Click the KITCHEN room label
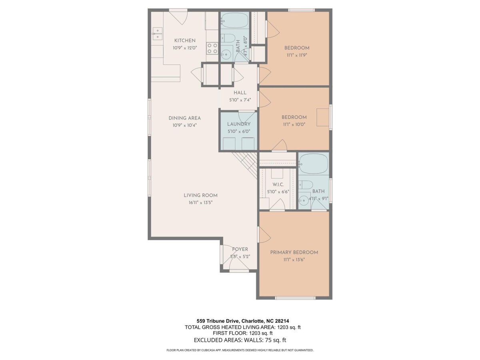(185, 40)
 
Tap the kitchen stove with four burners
(212, 48)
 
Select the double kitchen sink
(157, 34)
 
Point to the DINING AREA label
(184, 118)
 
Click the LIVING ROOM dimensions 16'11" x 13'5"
(200, 203)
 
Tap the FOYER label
(240, 249)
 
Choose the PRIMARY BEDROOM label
(294, 252)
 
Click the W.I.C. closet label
(278, 185)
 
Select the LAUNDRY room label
(238, 124)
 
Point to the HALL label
(240, 93)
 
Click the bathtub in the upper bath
(235, 20)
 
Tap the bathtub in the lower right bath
(314, 164)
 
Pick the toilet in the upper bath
(228, 38)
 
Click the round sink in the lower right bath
(304, 200)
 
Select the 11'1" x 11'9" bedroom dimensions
(297, 55)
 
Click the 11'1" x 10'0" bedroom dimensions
(294, 124)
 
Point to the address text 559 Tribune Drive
(219, 321)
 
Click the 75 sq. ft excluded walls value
(276, 340)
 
